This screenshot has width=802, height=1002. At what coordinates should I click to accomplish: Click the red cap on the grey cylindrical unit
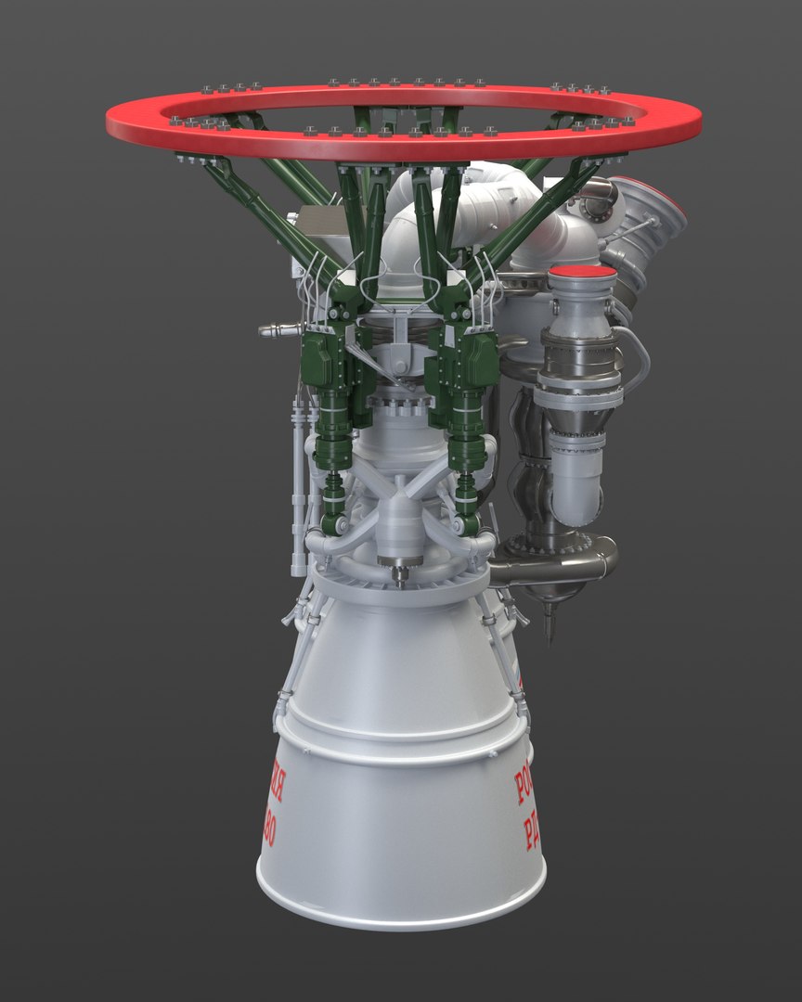582,272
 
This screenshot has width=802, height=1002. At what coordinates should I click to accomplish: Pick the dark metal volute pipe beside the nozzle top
557,561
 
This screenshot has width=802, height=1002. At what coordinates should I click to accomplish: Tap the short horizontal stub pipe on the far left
278,329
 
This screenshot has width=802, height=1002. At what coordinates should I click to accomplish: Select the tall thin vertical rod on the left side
298,492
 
